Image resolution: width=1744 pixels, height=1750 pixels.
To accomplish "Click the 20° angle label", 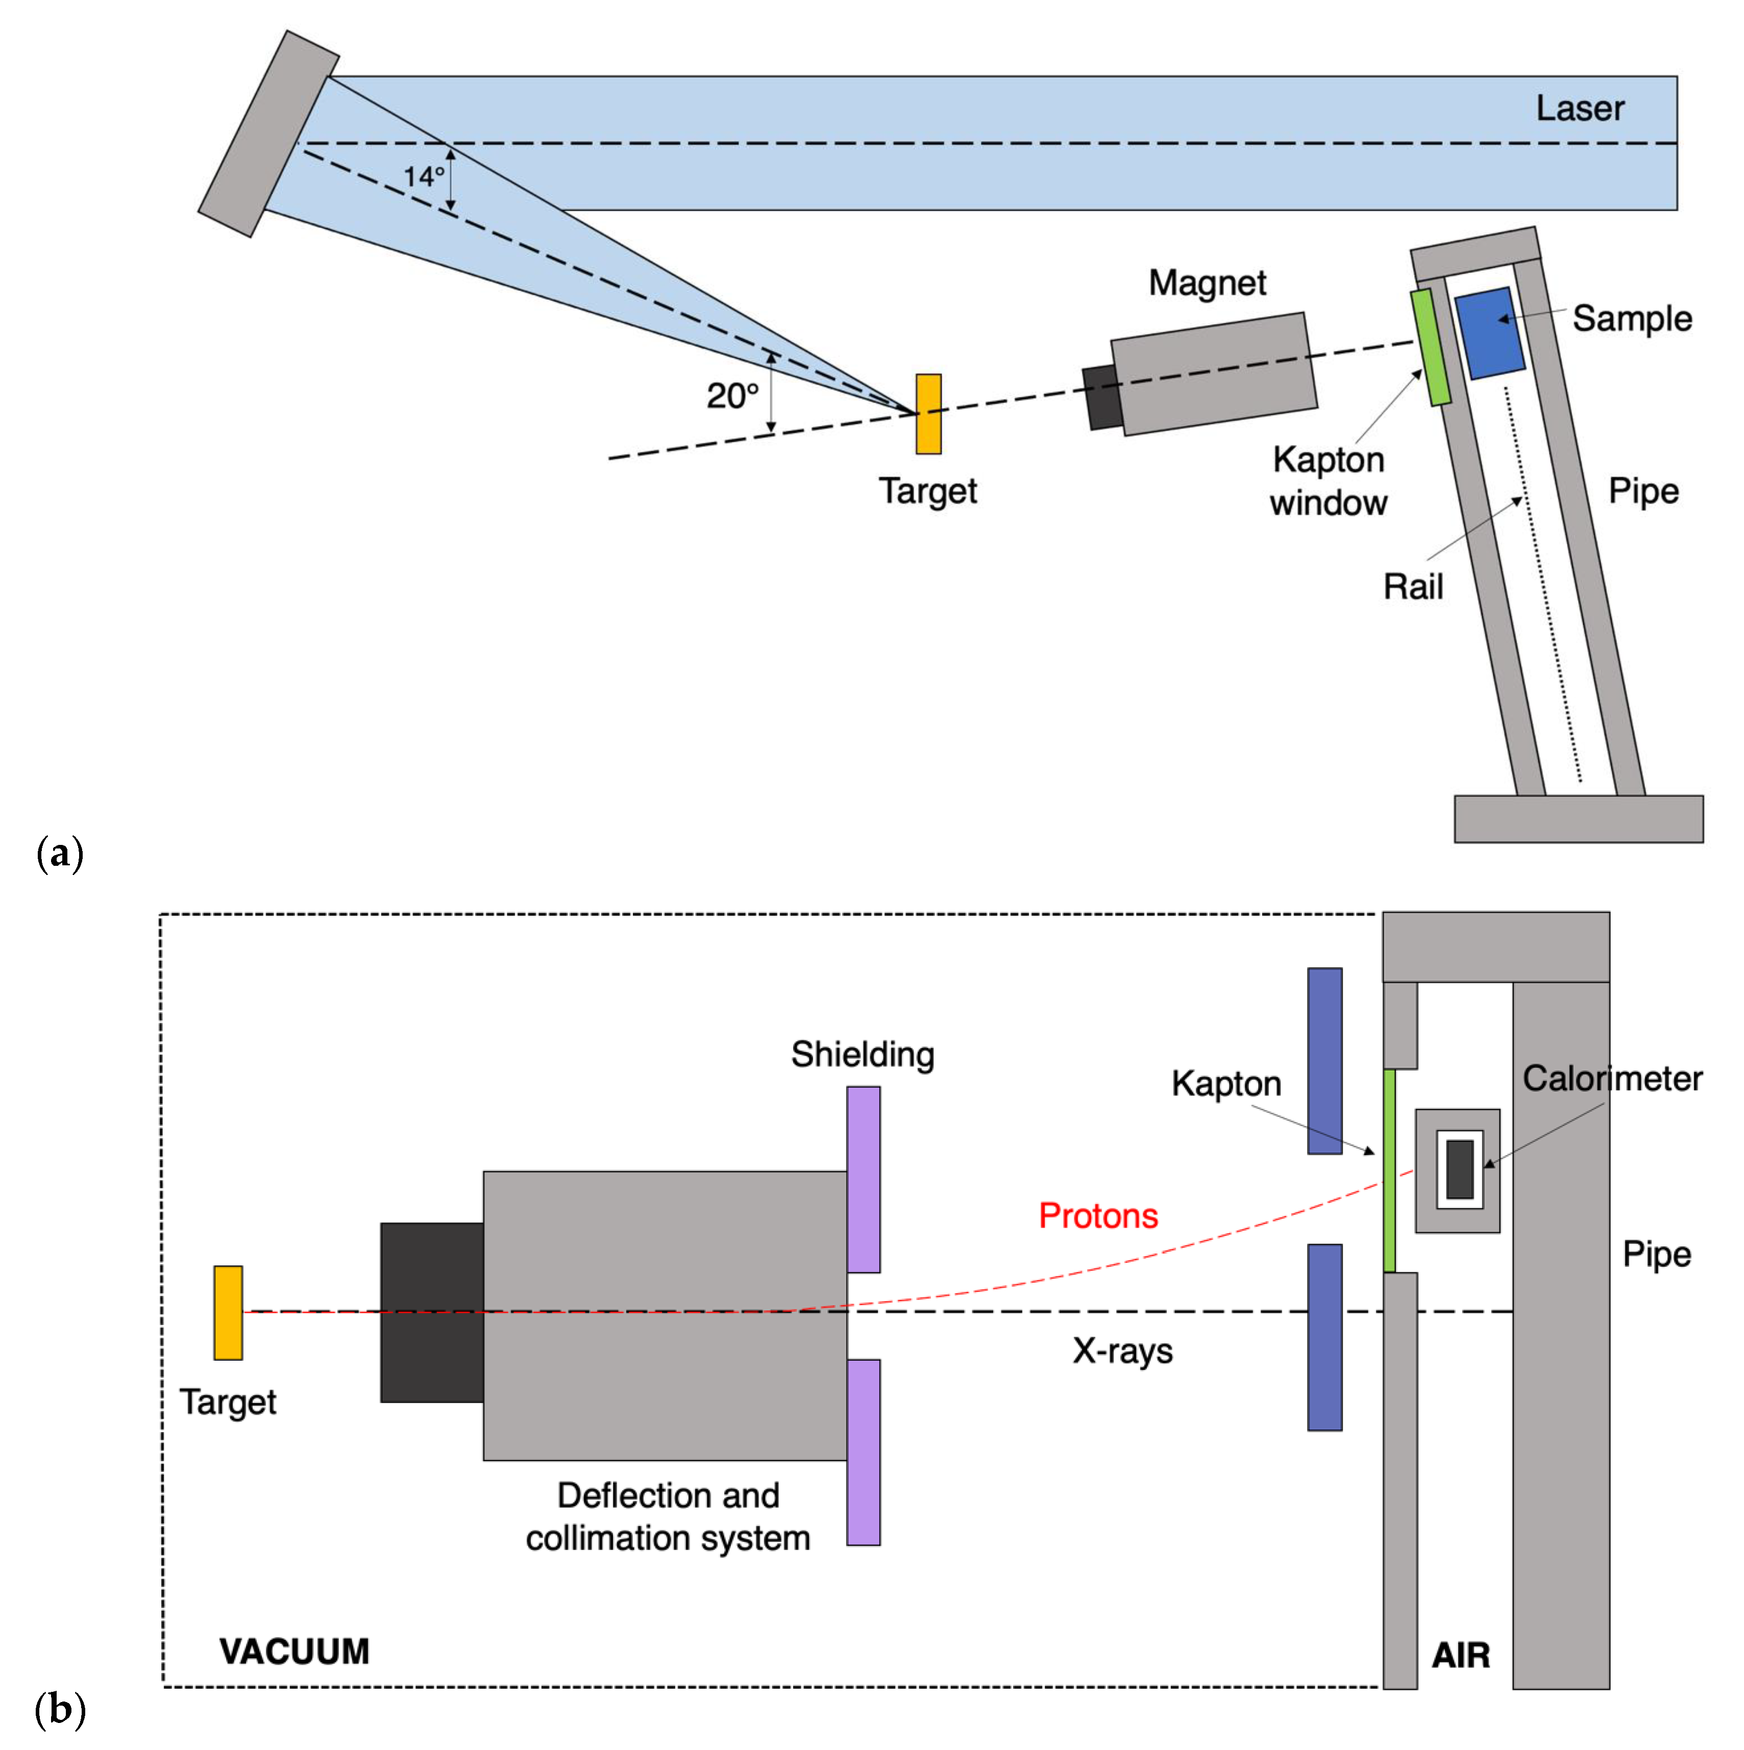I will coord(732,396).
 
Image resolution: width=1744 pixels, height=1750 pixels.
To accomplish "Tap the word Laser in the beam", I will coord(1579,109).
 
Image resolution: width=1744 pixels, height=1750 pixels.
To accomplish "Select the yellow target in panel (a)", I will coord(928,414).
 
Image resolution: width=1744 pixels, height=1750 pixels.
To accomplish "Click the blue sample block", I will coord(1489,333).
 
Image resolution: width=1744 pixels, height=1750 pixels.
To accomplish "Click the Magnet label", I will coord(1207,284).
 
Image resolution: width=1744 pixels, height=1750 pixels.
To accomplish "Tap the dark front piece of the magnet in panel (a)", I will coord(1101,397).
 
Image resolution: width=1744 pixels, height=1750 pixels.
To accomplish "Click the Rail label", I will coord(1412,587).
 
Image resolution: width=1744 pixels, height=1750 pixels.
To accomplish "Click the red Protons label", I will coord(1097,1216).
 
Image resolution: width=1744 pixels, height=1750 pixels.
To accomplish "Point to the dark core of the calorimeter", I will coord(1460,1169).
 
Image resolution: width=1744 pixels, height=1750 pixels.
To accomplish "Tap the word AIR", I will coord(1460,1655).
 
